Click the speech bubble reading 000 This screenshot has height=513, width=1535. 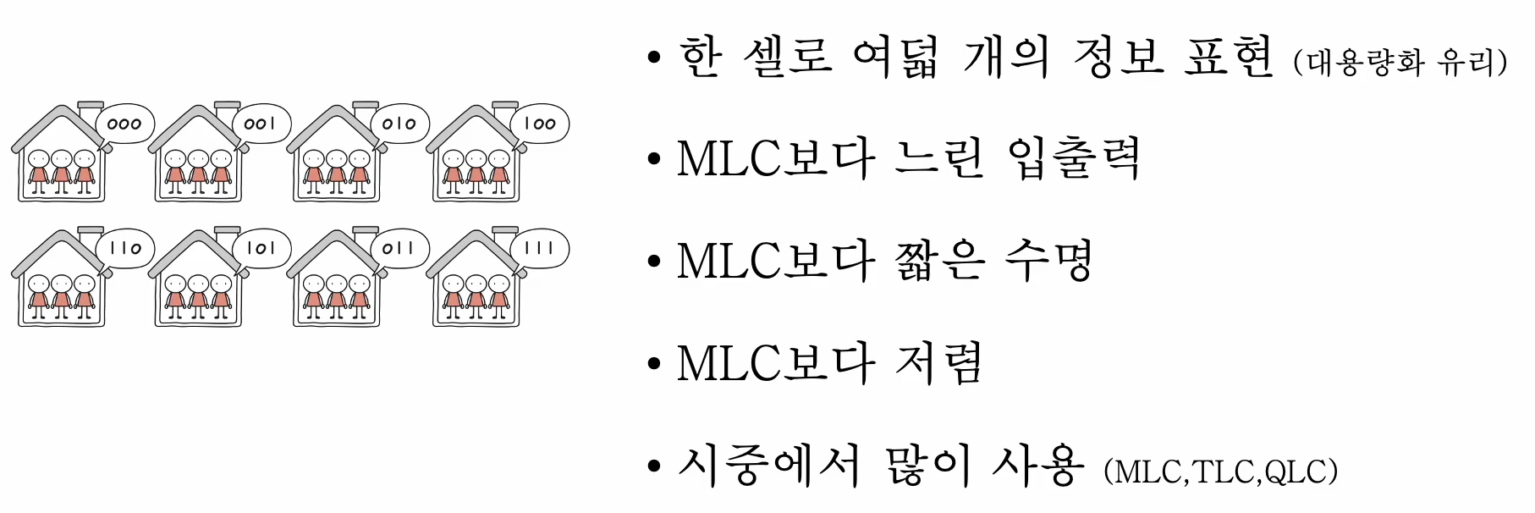[124, 124]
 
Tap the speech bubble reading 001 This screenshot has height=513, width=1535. [261, 124]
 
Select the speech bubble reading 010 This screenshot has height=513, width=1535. [399, 124]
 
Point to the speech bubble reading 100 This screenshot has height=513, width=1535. [539, 124]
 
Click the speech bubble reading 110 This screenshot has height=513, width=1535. [124, 248]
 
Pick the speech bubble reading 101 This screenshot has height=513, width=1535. [261, 248]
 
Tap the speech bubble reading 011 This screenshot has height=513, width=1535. [399, 248]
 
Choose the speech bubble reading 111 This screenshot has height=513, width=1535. [539, 248]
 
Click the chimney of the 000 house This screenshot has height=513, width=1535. [89, 109]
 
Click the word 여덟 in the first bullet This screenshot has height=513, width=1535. [895, 58]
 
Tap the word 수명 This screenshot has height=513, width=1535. [1049, 261]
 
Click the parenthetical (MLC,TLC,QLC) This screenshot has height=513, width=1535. [1221, 472]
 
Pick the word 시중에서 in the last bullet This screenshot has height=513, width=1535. [768, 465]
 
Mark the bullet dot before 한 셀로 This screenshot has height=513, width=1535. [652, 58]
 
